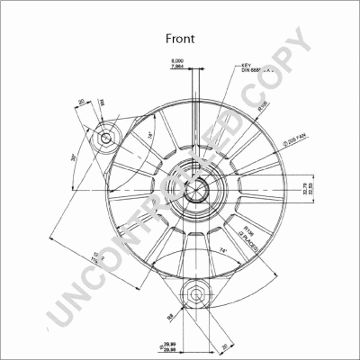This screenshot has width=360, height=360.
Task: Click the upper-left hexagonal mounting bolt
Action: point(110,138)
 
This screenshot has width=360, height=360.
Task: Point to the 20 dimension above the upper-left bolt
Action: point(81,102)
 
